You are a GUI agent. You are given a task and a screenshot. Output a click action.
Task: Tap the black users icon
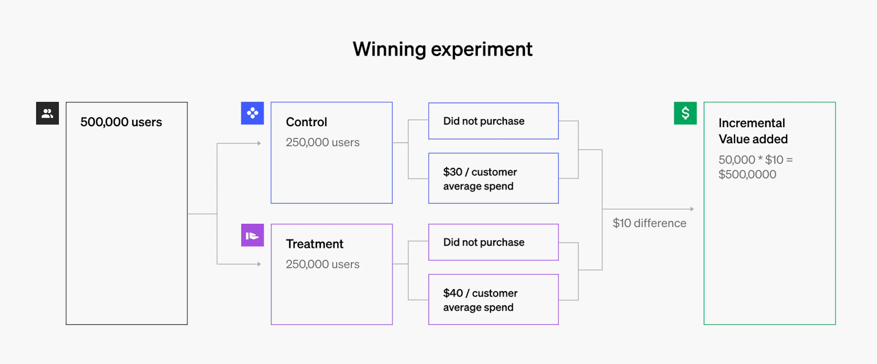(x=47, y=113)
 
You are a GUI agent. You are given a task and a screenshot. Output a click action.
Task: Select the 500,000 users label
(x=121, y=122)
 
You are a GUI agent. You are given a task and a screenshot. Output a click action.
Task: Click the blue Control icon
(x=252, y=113)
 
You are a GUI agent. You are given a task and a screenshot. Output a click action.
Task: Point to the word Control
(x=306, y=122)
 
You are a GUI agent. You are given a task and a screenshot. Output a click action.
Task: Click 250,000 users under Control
(x=322, y=142)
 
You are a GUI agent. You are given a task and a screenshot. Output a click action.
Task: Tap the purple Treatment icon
(x=252, y=235)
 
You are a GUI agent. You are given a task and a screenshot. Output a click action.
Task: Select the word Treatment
(x=314, y=244)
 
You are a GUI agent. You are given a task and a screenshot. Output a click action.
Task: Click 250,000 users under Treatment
(x=322, y=264)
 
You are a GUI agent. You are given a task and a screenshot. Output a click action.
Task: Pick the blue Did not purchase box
(x=493, y=121)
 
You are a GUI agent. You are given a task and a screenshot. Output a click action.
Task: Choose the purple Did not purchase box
(x=493, y=242)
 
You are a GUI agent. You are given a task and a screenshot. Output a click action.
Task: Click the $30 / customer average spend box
(x=493, y=178)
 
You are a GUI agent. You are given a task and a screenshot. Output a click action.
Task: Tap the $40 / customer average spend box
(x=493, y=299)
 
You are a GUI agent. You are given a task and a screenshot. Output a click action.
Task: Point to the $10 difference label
(x=649, y=223)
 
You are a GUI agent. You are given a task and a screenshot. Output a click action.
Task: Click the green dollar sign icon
(x=685, y=113)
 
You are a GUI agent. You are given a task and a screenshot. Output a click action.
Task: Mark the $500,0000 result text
(x=747, y=174)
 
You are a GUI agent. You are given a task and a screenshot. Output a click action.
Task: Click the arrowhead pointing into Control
(x=259, y=143)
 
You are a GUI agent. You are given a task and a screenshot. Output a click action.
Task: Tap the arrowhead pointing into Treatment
(x=259, y=264)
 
